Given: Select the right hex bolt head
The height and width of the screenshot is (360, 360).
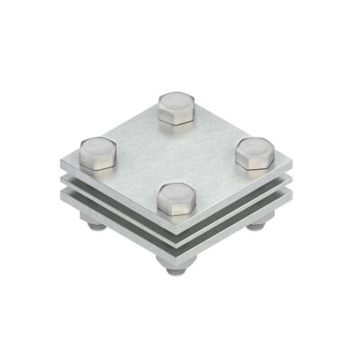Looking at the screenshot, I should point(255,155).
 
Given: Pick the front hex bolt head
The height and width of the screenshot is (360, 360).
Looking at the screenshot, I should point(176,201).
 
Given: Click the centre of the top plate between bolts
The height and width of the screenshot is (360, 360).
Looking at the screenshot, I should point(177,155).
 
